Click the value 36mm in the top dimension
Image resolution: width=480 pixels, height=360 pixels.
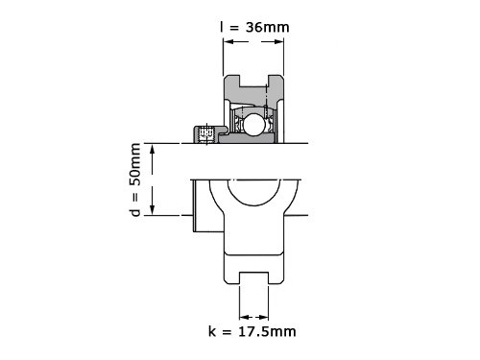[x=268, y=27]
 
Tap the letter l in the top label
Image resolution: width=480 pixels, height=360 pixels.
[x=221, y=27]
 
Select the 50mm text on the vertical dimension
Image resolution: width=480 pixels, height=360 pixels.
[x=136, y=164]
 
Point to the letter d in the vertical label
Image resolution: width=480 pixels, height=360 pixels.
[x=136, y=212]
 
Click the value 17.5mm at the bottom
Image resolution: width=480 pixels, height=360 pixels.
[x=267, y=331]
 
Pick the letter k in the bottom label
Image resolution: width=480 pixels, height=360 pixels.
[x=212, y=331]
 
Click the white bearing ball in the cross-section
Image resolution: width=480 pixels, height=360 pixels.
[x=253, y=124]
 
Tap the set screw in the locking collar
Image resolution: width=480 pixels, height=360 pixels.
[x=205, y=134]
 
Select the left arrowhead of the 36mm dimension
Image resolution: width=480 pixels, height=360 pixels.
[x=228, y=41]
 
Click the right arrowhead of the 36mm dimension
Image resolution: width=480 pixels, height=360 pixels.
[x=278, y=41]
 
